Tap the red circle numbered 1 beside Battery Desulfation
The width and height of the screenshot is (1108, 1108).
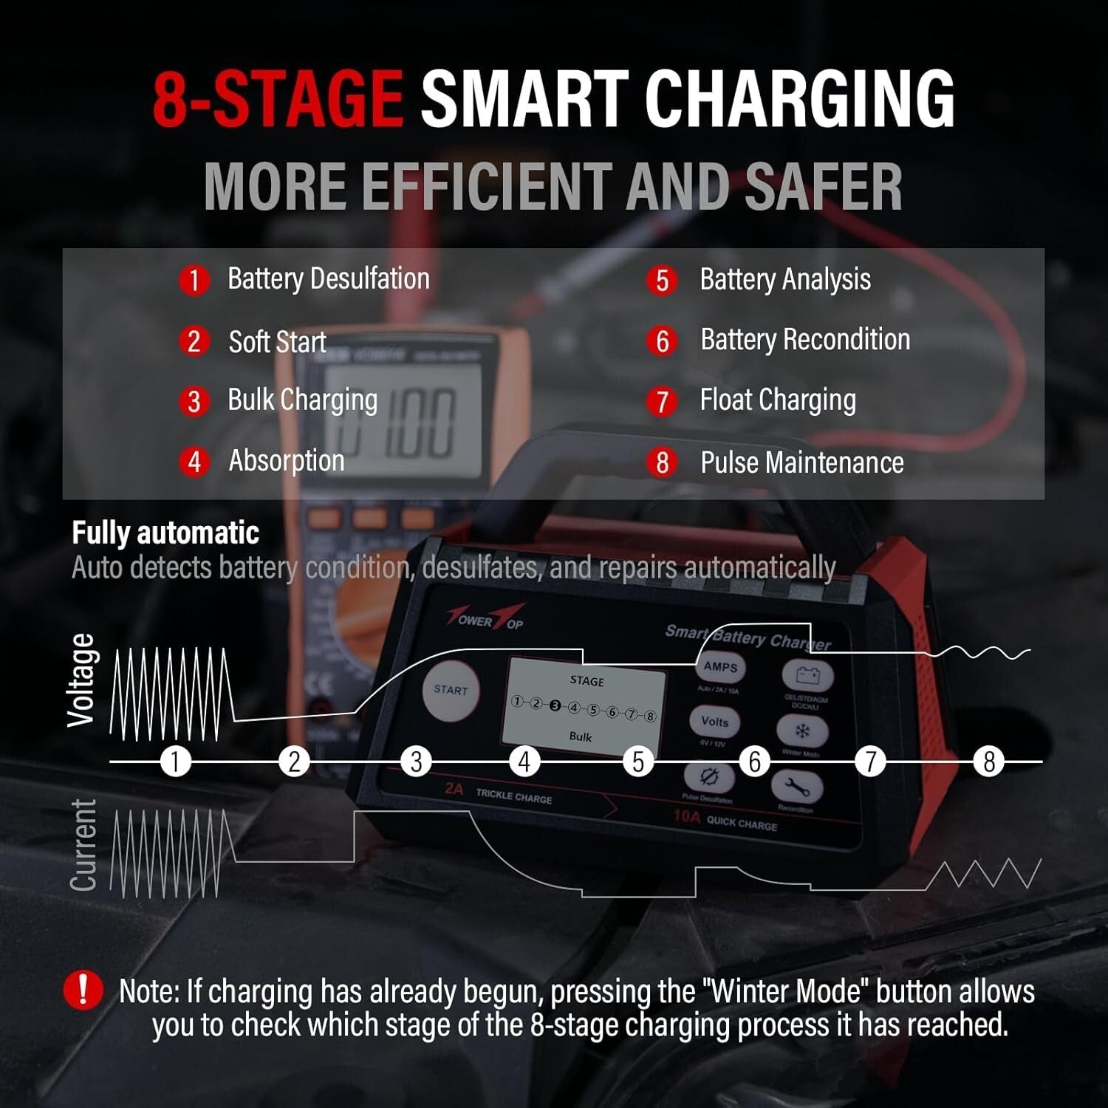194,281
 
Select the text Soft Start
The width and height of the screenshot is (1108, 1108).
277,342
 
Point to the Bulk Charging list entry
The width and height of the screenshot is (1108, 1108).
302,400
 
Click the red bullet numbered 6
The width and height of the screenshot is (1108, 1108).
662,341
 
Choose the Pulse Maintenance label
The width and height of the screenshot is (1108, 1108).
801,462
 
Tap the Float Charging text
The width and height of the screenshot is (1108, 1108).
778,400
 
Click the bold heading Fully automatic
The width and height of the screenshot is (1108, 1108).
165,533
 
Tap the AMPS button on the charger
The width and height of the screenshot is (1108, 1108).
720,667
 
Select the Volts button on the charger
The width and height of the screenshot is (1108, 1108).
714,722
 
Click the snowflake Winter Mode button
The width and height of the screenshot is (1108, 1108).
801,731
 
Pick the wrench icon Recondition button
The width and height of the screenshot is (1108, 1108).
796,788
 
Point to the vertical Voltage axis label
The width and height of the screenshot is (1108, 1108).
81,680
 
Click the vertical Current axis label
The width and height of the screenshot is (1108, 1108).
83,845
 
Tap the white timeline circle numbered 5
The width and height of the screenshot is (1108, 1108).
638,762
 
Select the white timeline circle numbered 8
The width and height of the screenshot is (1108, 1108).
988,762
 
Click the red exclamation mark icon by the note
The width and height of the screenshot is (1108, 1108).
83,990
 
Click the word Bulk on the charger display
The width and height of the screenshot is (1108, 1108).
581,736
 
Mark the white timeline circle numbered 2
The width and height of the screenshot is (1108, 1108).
294,762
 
